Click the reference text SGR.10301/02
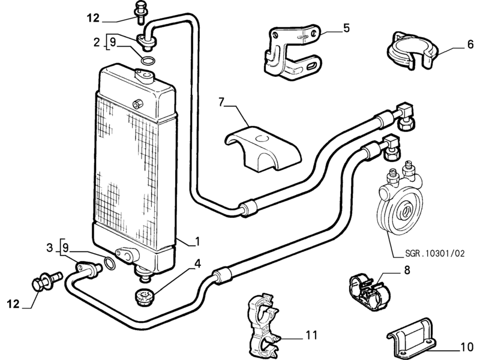pos(434,253)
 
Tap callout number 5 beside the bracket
pos(346,28)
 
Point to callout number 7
pos(221,102)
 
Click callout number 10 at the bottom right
pos(467,347)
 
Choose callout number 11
pos(311,335)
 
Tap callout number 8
pos(407,270)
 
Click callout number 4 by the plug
pos(198,263)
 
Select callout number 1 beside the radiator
pos(197,242)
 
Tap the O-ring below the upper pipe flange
pos(148,61)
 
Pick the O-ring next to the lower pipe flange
pos(110,263)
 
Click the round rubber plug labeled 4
pos(145,298)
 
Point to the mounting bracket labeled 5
pos(292,52)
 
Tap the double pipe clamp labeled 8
pos(369,292)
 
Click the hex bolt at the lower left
pos(47,280)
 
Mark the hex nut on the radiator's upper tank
pos(138,103)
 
